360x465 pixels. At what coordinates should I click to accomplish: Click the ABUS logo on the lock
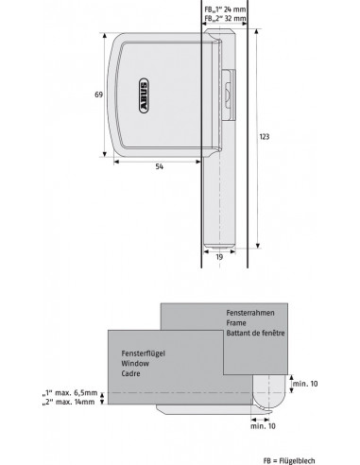pyautogui.click(x=143, y=95)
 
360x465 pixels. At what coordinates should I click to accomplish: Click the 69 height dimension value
pyautogui.click(x=99, y=95)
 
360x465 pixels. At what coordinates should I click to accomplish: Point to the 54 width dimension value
pyautogui.click(x=160, y=166)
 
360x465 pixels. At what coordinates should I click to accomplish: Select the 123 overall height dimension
pyautogui.click(x=265, y=136)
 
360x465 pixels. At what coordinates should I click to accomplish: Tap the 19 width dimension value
pyautogui.click(x=219, y=257)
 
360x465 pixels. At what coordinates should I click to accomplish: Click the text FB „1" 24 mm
pyautogui.click(x=225, y=9)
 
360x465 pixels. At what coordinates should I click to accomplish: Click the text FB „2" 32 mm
pyautogui.click(x=225, y=18)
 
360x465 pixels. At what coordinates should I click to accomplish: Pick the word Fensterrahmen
pyautogui.click(x=250, y=313)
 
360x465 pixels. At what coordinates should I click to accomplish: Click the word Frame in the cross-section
pyautogui.click(x=236, y=323)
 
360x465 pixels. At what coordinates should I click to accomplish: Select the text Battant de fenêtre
pyautogui.click(x=255, y=333)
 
